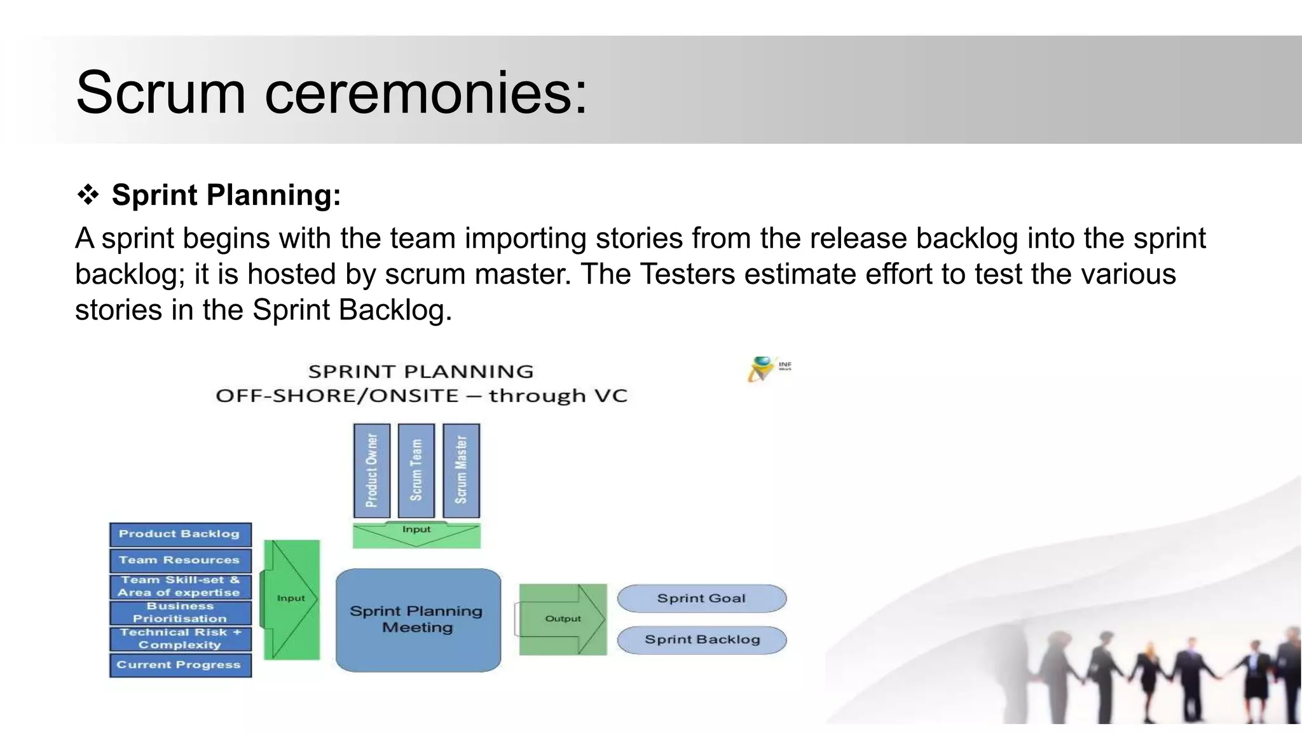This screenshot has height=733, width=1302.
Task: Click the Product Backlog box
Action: (x=180, y=534)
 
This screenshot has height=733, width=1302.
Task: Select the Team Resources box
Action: (x=180, y=561)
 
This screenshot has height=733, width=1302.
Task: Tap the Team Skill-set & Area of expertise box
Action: (x=180, y=587)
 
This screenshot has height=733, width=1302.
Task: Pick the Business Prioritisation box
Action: (x=180, y=613)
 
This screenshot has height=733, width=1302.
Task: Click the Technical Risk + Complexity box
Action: (x=180, y=639)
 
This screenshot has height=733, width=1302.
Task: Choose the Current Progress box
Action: (x=180, y=665)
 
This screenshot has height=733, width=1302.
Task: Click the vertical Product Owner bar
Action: (x=372, y=471)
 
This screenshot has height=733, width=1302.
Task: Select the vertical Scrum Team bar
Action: (x=416, y=471)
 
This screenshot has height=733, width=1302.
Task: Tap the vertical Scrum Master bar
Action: (x=462, y=471)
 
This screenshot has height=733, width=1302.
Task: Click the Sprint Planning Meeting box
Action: (x=418, y=620)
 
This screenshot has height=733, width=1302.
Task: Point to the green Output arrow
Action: (x=562, y=619)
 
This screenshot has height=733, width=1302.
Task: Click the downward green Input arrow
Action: (x=416, y=535)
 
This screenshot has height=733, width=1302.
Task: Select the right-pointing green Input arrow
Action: (x=291, y=599)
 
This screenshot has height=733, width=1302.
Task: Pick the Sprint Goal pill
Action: (x=701, y=599)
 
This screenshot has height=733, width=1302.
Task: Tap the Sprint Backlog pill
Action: (x=701, y=640)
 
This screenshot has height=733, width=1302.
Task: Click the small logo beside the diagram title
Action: (x=768, y=368)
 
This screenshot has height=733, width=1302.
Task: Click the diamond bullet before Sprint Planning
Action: (x=88, y=195)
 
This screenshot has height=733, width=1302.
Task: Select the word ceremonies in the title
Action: (x=425, y=93)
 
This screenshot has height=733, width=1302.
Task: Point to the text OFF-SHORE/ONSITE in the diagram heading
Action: (x=337, y=396)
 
